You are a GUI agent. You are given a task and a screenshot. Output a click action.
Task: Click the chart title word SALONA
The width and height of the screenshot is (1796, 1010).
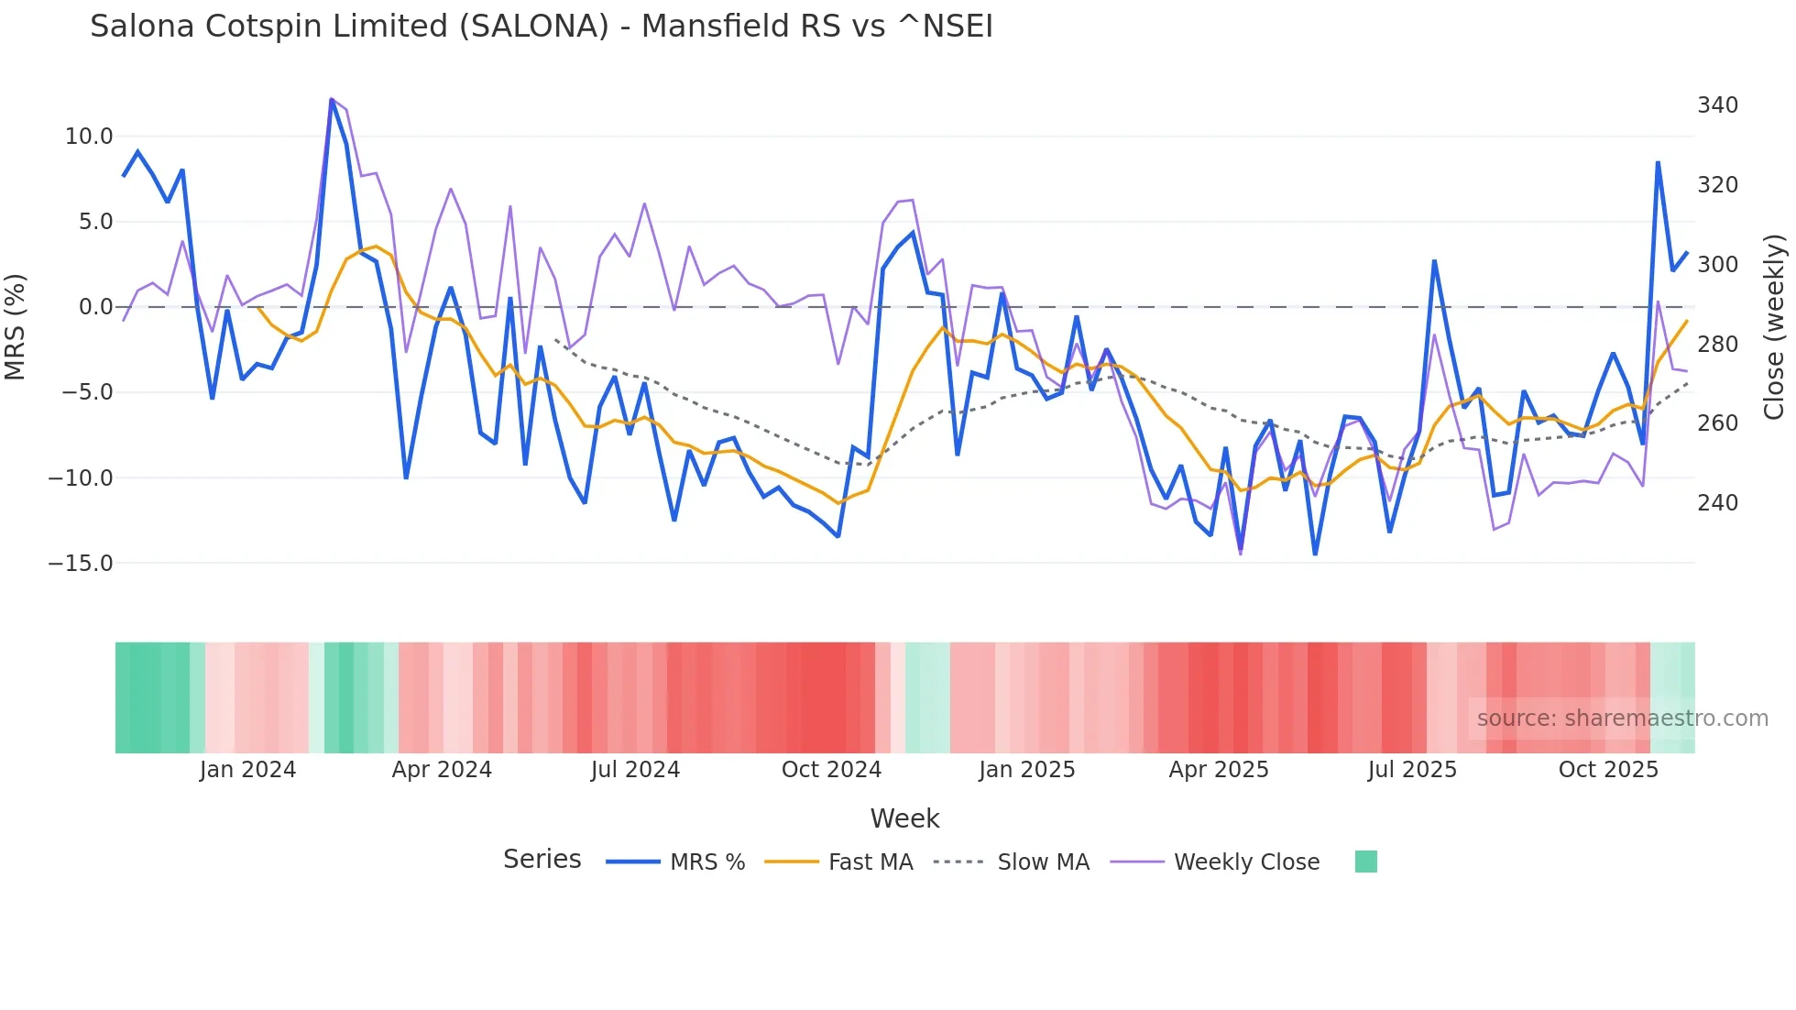click(533, 27)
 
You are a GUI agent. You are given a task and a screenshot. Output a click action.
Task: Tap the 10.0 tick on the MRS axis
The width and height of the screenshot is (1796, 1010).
click(89, 137)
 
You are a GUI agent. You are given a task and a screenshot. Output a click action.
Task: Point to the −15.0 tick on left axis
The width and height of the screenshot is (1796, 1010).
click(81, 564)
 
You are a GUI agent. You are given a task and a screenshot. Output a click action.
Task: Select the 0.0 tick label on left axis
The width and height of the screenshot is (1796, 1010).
click(96, 307)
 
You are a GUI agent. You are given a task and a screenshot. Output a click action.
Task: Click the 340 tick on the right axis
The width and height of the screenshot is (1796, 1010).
click(1717, 105)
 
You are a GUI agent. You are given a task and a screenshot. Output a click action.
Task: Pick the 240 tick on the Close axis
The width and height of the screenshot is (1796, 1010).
click(1717, 503)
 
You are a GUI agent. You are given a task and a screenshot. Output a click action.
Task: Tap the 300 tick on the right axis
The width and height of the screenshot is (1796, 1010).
click(1717, 265)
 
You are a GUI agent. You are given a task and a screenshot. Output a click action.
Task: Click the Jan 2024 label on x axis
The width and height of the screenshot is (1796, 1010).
click(247, 770)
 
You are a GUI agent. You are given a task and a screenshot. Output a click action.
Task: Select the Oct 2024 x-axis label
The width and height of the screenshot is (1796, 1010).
click(831, 770)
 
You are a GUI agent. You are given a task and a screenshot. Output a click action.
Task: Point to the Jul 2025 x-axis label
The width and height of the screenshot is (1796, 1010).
click(1412, 770)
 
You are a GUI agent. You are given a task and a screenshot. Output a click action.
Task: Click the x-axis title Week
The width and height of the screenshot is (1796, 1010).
click(904, 818)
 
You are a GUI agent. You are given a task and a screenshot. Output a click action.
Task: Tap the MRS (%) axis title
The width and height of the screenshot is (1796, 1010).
click(16, 327)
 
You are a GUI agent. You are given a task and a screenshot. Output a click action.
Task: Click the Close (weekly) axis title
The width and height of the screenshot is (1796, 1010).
click(1774, 327)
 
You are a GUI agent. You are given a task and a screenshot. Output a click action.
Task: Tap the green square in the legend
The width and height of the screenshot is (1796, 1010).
click(1365, 862)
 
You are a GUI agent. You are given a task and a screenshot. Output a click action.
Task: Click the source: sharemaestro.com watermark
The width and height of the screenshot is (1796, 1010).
click(1622, 719)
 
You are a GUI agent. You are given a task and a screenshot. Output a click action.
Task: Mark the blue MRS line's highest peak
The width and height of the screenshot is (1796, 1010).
click(332, 99)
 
